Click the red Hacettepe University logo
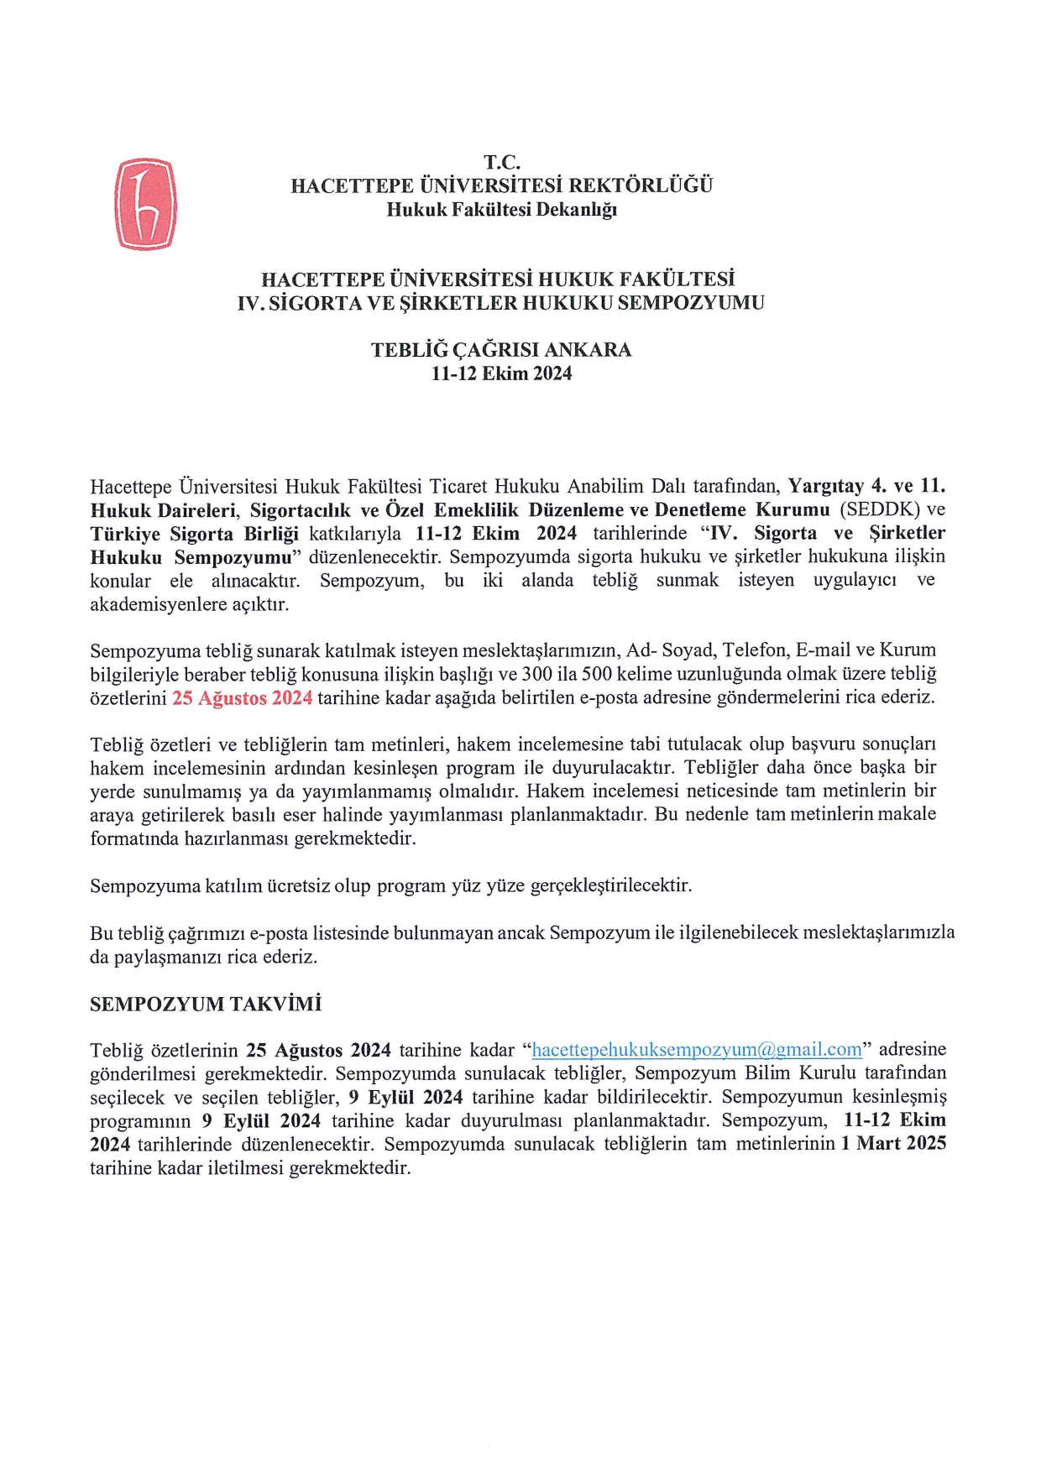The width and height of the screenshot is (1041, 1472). click(x=145, y=205)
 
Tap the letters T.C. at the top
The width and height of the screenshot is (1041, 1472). click(x=501, y=162)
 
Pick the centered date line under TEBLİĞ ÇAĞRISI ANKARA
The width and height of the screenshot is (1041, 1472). click(x=501, y=374)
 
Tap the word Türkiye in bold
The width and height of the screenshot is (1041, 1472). click(x=125, y=534)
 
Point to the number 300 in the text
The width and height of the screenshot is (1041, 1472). click(x=536, y=674)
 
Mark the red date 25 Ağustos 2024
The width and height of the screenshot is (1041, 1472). click(x=242, y=697)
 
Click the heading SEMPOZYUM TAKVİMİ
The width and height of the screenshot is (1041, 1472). click(x=206, y=1005)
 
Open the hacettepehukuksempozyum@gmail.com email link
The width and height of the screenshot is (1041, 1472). click(x=697, y=1050)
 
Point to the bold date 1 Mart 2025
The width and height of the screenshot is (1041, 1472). click(x=893, y=1144)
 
